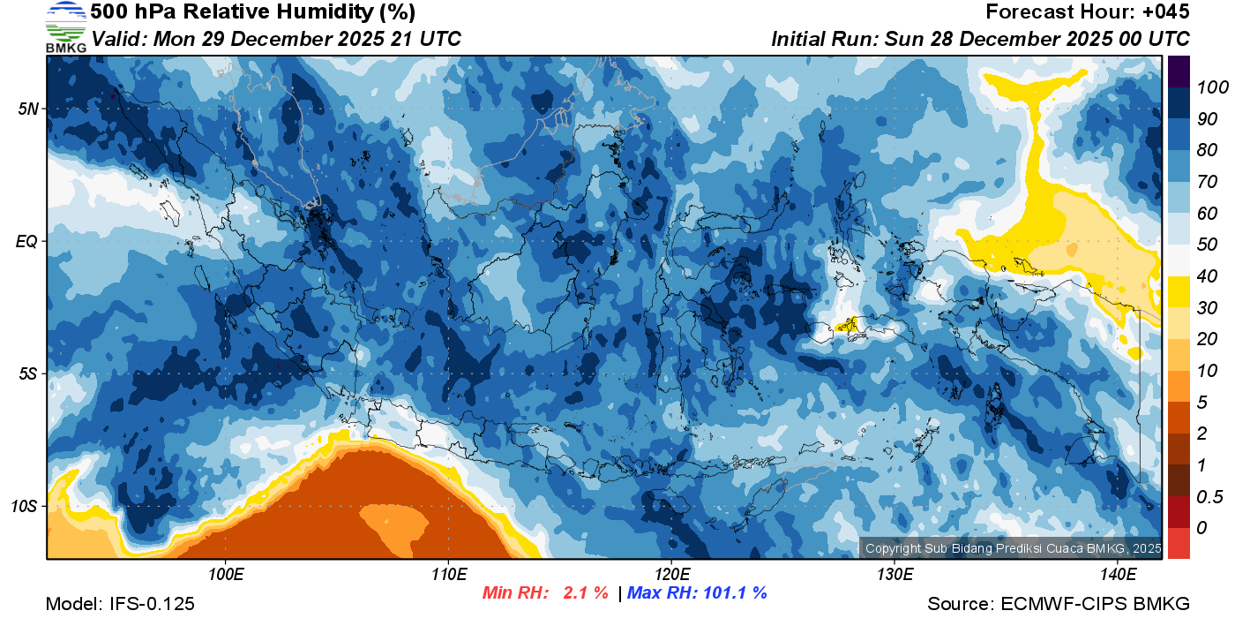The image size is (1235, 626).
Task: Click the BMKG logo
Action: coord(65,26)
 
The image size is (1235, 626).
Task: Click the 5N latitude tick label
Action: coord(26,109)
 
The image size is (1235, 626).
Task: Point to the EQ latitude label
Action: coord(26,241)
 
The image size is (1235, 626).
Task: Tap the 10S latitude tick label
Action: coord(25,507)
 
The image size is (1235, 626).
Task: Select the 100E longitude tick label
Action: coord(226,575)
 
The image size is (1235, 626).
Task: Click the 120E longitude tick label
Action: coord(671,575)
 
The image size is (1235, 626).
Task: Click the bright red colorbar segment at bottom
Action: coord(1179,542)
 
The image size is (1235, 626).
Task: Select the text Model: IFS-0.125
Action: coord(120,605)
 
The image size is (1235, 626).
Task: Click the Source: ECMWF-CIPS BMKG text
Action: coord(1059,605)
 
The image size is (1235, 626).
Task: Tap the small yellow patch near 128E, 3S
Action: coord(848,325)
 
